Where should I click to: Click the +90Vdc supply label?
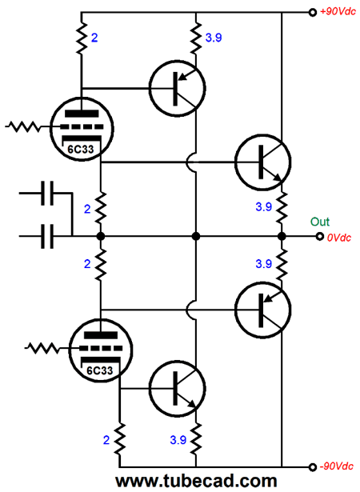coord(338,12)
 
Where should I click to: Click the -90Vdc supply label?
coord(337,466)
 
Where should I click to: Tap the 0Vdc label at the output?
coord(339,238)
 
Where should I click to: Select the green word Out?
coord(320,222)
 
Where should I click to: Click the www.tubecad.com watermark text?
coord(196,481)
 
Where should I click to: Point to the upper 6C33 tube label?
coord(81,150)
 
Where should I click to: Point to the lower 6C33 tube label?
coord(99,370)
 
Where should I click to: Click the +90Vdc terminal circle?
coord(312,13)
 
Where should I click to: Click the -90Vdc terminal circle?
coord(312,467)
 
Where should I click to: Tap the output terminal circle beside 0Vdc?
coord(319,236)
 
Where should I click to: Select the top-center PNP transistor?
coord(178,89)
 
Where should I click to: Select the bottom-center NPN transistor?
coord(178,389)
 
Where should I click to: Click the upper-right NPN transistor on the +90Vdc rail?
coord(263,162)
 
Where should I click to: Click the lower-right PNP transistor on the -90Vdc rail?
coord(263,310)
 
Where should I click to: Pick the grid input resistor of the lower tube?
coord(42,348)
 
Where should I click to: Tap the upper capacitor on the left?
coord(47,193)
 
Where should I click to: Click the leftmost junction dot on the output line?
coord(101,236)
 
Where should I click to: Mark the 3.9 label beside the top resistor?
coord(214,38)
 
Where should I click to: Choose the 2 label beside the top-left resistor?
coord(94,38)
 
